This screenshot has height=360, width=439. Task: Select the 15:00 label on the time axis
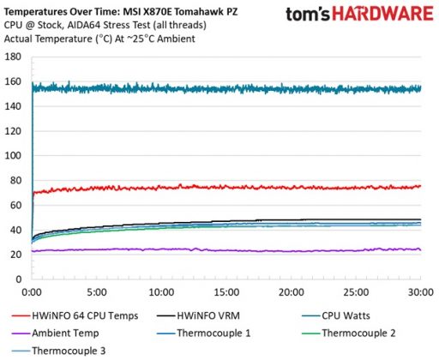226,291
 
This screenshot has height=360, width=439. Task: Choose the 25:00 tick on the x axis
356,291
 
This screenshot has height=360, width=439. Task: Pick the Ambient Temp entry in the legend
65,333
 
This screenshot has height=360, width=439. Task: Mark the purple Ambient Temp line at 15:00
226,250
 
